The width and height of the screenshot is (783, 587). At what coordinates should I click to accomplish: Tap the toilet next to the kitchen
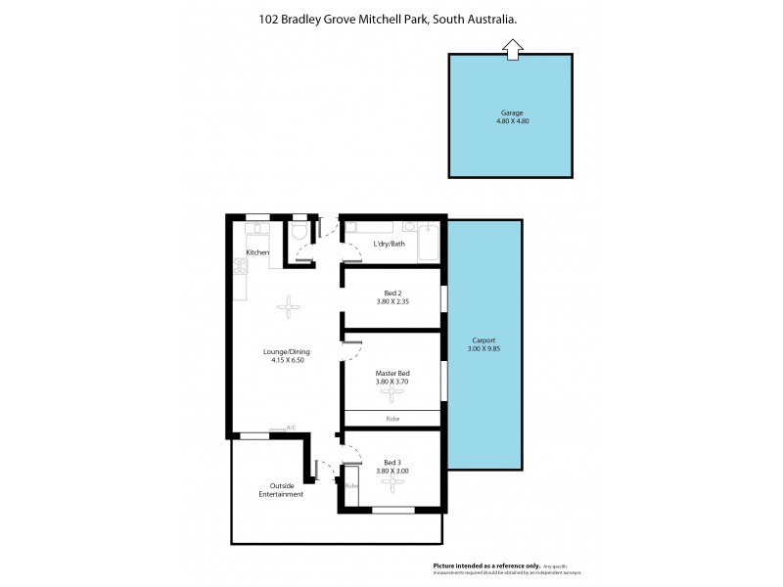tap(299, 231)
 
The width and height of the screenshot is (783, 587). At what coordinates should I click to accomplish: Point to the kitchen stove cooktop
tap(238, 266)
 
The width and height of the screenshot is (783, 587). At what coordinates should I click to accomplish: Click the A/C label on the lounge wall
tap(291, 428)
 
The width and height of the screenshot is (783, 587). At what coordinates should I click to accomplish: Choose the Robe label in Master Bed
tap(392, 418)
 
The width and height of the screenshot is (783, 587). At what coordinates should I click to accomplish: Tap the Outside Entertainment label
tap(280, 490)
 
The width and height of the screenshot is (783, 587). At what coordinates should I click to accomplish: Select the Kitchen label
tap(257, 252)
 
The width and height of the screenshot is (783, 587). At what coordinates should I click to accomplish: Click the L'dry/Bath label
tap(389, 244)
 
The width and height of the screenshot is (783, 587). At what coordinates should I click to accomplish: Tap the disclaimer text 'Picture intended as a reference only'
tap(486, 565)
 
